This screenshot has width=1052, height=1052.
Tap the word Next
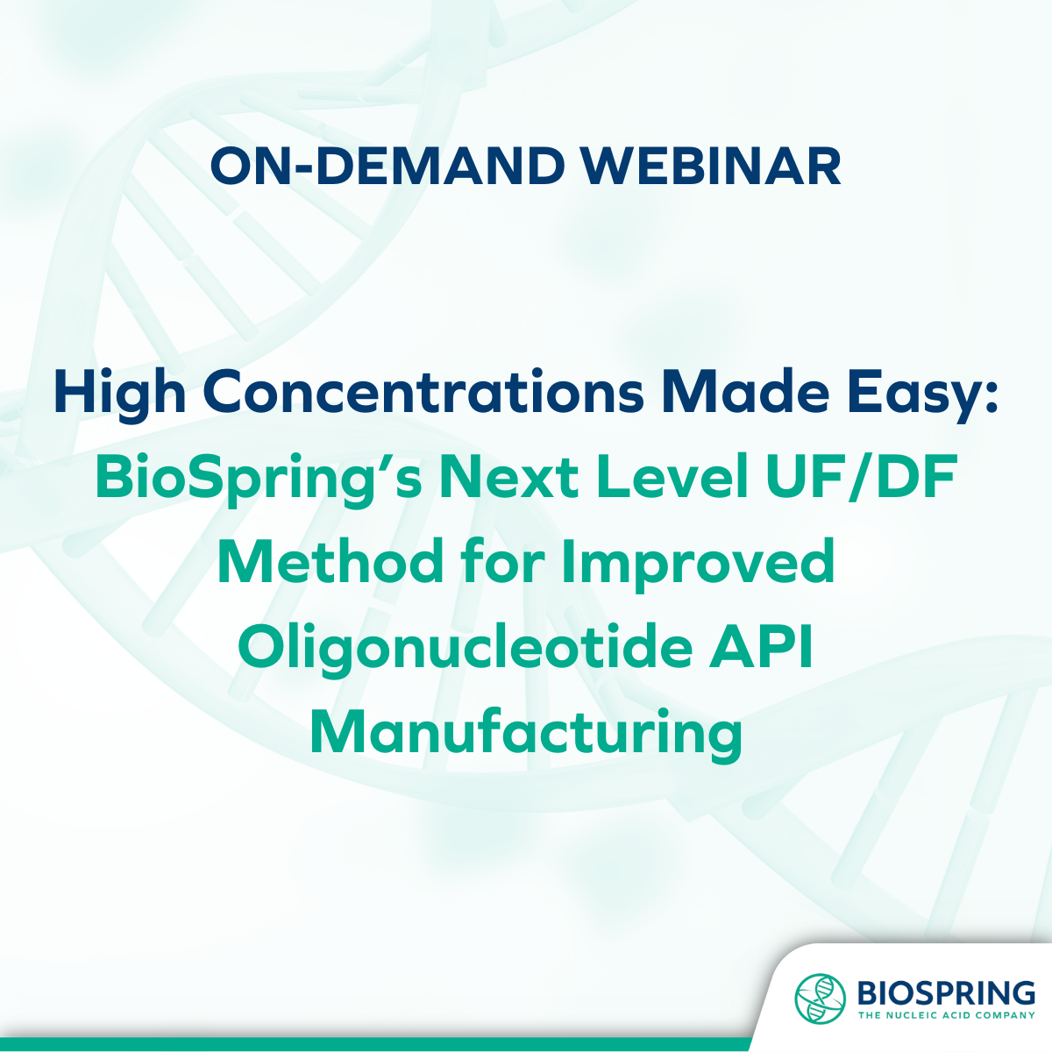coord(508,478)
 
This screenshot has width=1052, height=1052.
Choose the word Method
coord(331,562)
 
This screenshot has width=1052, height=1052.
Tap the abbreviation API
coord(761,648)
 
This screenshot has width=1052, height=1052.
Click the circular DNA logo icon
coord(820,999)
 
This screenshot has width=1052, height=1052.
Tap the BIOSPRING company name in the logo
coord(946,992)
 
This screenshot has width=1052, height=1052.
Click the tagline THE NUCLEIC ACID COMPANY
coord(947,1015)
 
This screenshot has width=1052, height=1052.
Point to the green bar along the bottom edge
coord(377,1044)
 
